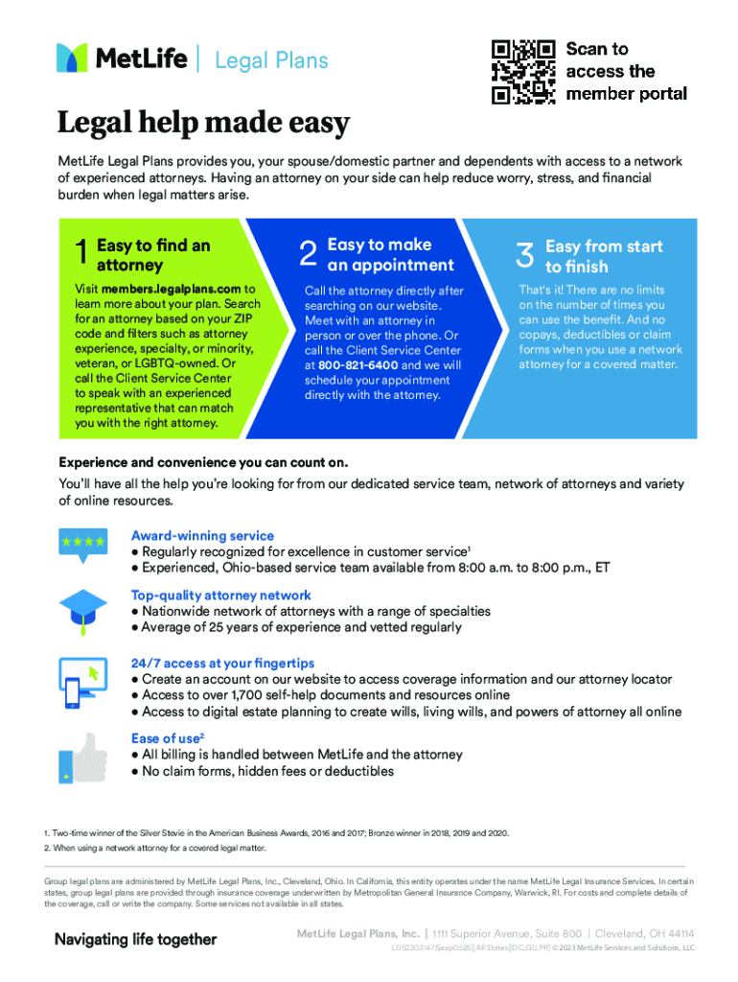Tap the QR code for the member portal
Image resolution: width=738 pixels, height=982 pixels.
tap(523, 71)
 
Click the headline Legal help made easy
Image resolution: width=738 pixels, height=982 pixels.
tap(203, 124)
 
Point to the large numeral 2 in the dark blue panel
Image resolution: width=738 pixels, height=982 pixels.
tap(308, 254)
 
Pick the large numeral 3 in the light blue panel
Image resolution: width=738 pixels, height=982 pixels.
tap(524, 255)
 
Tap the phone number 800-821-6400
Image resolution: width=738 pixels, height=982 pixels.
tap(358, 365)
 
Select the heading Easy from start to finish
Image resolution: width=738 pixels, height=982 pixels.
tap(604, 256)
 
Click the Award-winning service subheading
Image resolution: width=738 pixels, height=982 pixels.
tap(202, 536)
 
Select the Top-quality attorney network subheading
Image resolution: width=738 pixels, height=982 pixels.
tap(220, 596)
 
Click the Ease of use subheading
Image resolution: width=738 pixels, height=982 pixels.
tap(166, 738)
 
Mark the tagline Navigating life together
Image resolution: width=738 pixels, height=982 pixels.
tap(135, 940)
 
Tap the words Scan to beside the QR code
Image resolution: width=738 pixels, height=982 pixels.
tap(597, 49)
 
